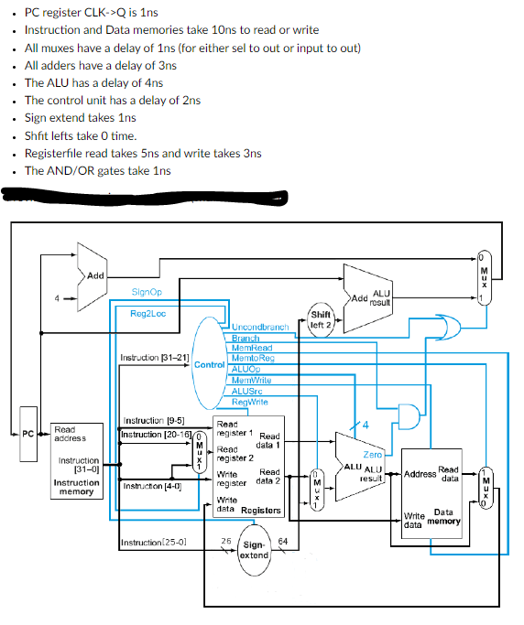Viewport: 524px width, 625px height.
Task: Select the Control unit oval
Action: tap(209, 364)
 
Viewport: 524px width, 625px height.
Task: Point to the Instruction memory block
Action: tap(77, 460)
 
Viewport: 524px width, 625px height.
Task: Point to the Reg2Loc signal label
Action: tap(148, 314)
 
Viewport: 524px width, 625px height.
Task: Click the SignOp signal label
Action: tap(147, 292)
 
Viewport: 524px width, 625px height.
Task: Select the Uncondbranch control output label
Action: tap(260, 327)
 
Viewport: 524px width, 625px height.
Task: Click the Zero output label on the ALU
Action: tap(373, 454)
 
